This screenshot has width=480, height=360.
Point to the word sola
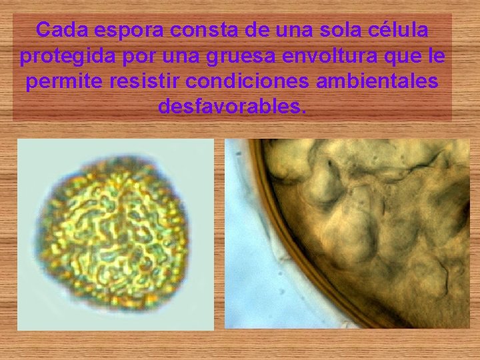(x=341, y=30)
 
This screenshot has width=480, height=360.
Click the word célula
(x=401, y=30)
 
